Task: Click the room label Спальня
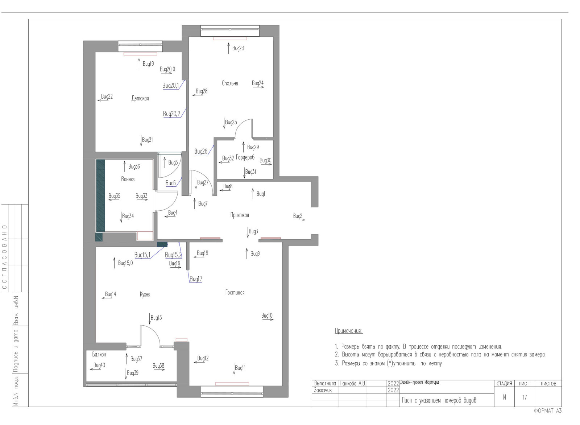pyautogui.click(x=230, y=83)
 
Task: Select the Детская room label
pyautogui.click(x=140, y=98)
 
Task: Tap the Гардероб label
pyautogui.click(x=245, y=157)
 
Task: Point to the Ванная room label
pyautogui.click(x=128, y=179)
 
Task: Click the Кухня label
pyautogui.click(x=145, y=294)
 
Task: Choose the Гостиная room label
pyautogui.click(x=235, y=292)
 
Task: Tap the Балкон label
pyautogui.click(x=99, y=354)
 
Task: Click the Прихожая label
pyautogui.click(x=240, y=215)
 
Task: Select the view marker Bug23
pyautogui.click(x=238, y=48)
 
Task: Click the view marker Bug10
pyautogui.click(x=267, y=316)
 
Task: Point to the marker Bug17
pyautogui.click(x=196, y=279)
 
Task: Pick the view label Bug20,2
pyautogui.click(x=171, y=114)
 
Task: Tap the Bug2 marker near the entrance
pyautogui.click(x=298, y=216)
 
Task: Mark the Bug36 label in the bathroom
pyautogui.click(x=134, y=166)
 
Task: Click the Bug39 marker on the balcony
pyautogui.click(x=132, y=373)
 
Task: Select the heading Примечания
pyautogui.click(x=348, y=331)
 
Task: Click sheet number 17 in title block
pyautogui.click(x=524, y=397)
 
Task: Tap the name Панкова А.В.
pyautogui.click(x=352, y=383)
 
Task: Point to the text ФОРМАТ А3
pyautogui.click(x=547, y=410)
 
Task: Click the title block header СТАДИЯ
pyautogui.click(x=504, y=383)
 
